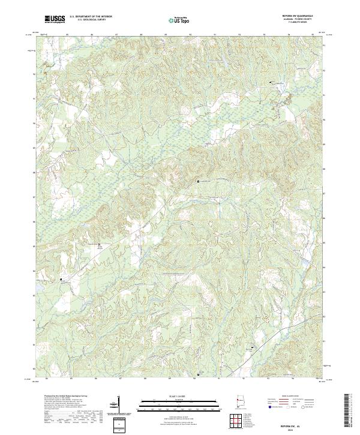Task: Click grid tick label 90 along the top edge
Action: pos(190,35)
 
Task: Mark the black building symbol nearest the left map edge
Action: pos(61,278)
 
